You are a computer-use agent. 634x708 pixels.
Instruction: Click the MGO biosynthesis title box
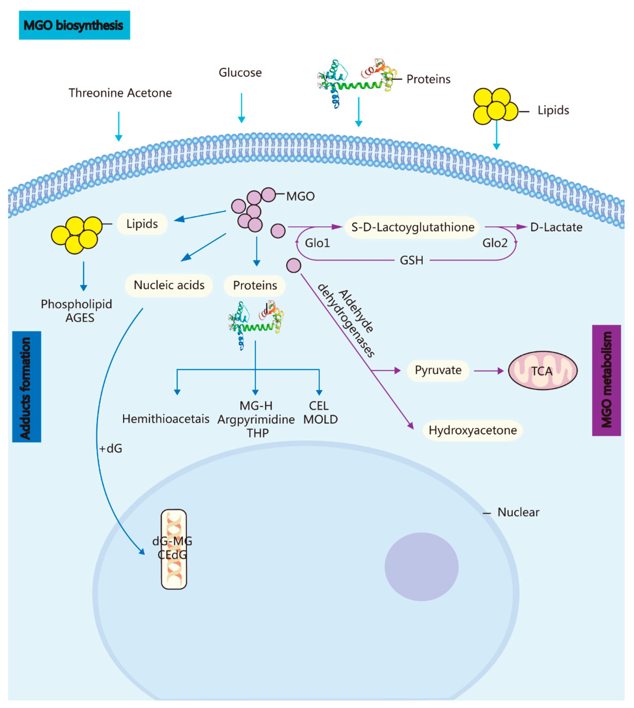pos(74,25)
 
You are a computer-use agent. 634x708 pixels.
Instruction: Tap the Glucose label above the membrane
pos(240,72)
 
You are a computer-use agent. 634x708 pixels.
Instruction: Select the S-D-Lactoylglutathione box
pos(412,227)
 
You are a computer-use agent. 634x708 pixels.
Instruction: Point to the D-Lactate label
pos(556,227)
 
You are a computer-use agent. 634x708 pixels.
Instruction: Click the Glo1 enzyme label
pos(317,243)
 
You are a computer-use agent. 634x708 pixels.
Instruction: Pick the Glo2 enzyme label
pos(495,243)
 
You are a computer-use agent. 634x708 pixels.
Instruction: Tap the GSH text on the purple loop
pos(411,260)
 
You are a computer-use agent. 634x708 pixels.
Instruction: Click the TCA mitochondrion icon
pos(542,370)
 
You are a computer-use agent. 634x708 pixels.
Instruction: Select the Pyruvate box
pos(438,370)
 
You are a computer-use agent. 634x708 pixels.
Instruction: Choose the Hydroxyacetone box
pos(472,430)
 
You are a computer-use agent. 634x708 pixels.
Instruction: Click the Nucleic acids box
pos(169,285)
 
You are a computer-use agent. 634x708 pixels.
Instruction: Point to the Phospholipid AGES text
pos(77,311)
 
